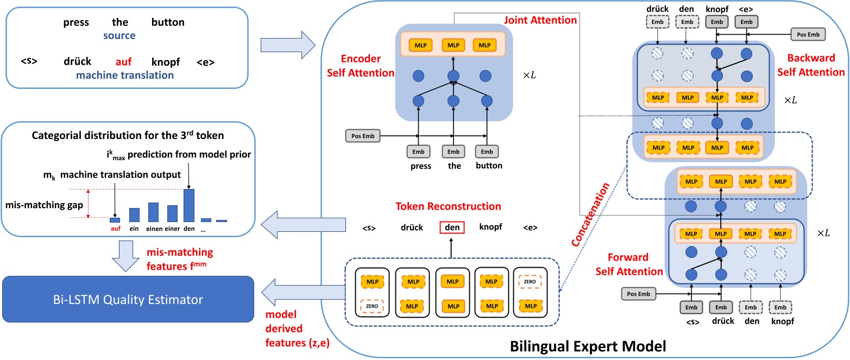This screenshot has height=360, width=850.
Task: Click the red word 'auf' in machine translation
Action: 124,62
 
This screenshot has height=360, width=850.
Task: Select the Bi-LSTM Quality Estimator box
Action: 127,299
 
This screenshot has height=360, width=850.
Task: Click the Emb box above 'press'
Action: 418,151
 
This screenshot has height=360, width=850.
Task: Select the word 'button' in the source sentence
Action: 168,23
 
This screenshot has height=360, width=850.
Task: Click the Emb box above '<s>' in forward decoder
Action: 691,307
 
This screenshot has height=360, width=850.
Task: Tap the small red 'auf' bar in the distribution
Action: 115,220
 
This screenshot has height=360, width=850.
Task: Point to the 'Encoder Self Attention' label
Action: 366,65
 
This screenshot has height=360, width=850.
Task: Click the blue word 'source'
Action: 121,36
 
